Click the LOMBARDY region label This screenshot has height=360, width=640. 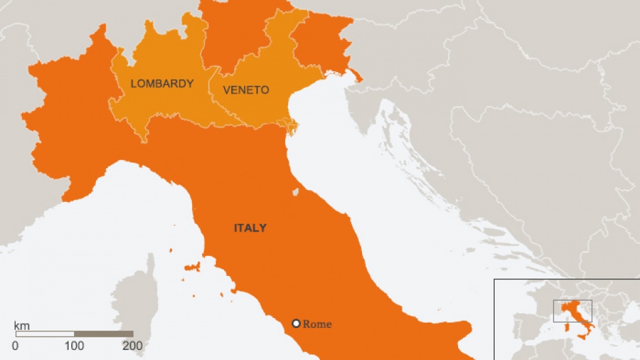tap(162, 84)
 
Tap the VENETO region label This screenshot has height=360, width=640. tap(246, 90)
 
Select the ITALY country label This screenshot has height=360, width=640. tap(250, 228)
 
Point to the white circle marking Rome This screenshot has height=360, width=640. tap(296, 324)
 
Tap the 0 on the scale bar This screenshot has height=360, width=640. tap(15, 345)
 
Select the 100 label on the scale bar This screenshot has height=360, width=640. tap(74, 345)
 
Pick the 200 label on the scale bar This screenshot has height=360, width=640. tap(133, 345)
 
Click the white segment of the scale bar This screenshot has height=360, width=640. tap(44, 334)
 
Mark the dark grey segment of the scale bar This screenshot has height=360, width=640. tap(103, 334)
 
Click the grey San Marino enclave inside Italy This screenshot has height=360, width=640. tap(295, 192)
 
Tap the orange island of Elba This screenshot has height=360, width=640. tap(193, 267)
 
